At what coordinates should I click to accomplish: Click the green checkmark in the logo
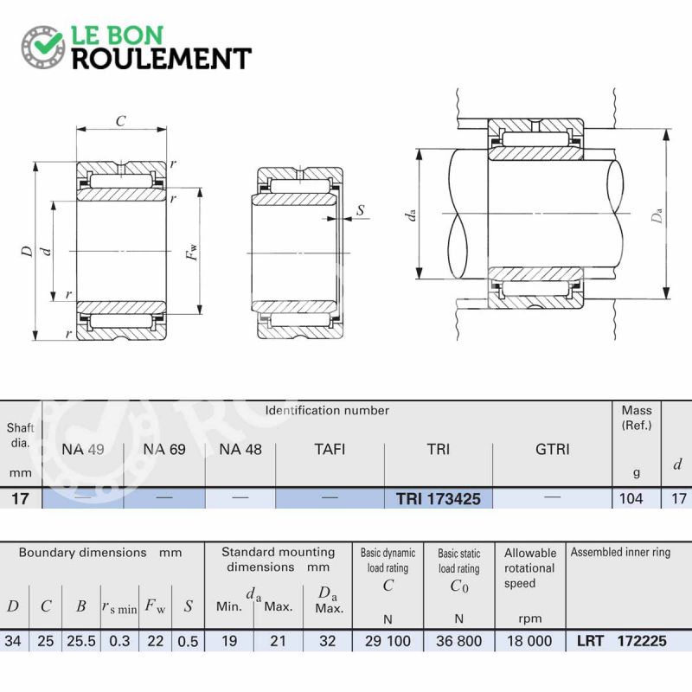click(48, 42)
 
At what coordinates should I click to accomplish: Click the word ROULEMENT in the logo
click(162, 59)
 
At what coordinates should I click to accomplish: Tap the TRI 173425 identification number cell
click(438, 499)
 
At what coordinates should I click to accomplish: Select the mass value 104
click(631, 498)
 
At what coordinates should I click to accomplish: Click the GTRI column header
click(552, 449)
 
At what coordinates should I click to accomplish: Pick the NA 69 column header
click(164, 449)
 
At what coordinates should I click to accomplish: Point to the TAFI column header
click(330, 449)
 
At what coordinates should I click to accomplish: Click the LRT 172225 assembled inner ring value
click(621, 641)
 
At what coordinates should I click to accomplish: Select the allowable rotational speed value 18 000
click(529, 641)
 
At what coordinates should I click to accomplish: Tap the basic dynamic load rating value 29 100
click(388, 641)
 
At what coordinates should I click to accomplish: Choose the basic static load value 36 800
click(458, 641)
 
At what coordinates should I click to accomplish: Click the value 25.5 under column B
click(81, 641)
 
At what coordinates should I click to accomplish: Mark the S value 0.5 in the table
click(188, 641)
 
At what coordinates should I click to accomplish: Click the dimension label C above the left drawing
click(121, 121)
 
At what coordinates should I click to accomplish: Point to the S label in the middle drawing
click(361, 210)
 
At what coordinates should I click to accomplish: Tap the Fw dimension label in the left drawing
click(191, 253)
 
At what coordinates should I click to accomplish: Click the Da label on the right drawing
click(657, 215)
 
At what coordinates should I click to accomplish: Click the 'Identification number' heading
click(327, 410)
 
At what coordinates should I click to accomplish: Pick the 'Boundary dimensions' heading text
click(82, 553)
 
